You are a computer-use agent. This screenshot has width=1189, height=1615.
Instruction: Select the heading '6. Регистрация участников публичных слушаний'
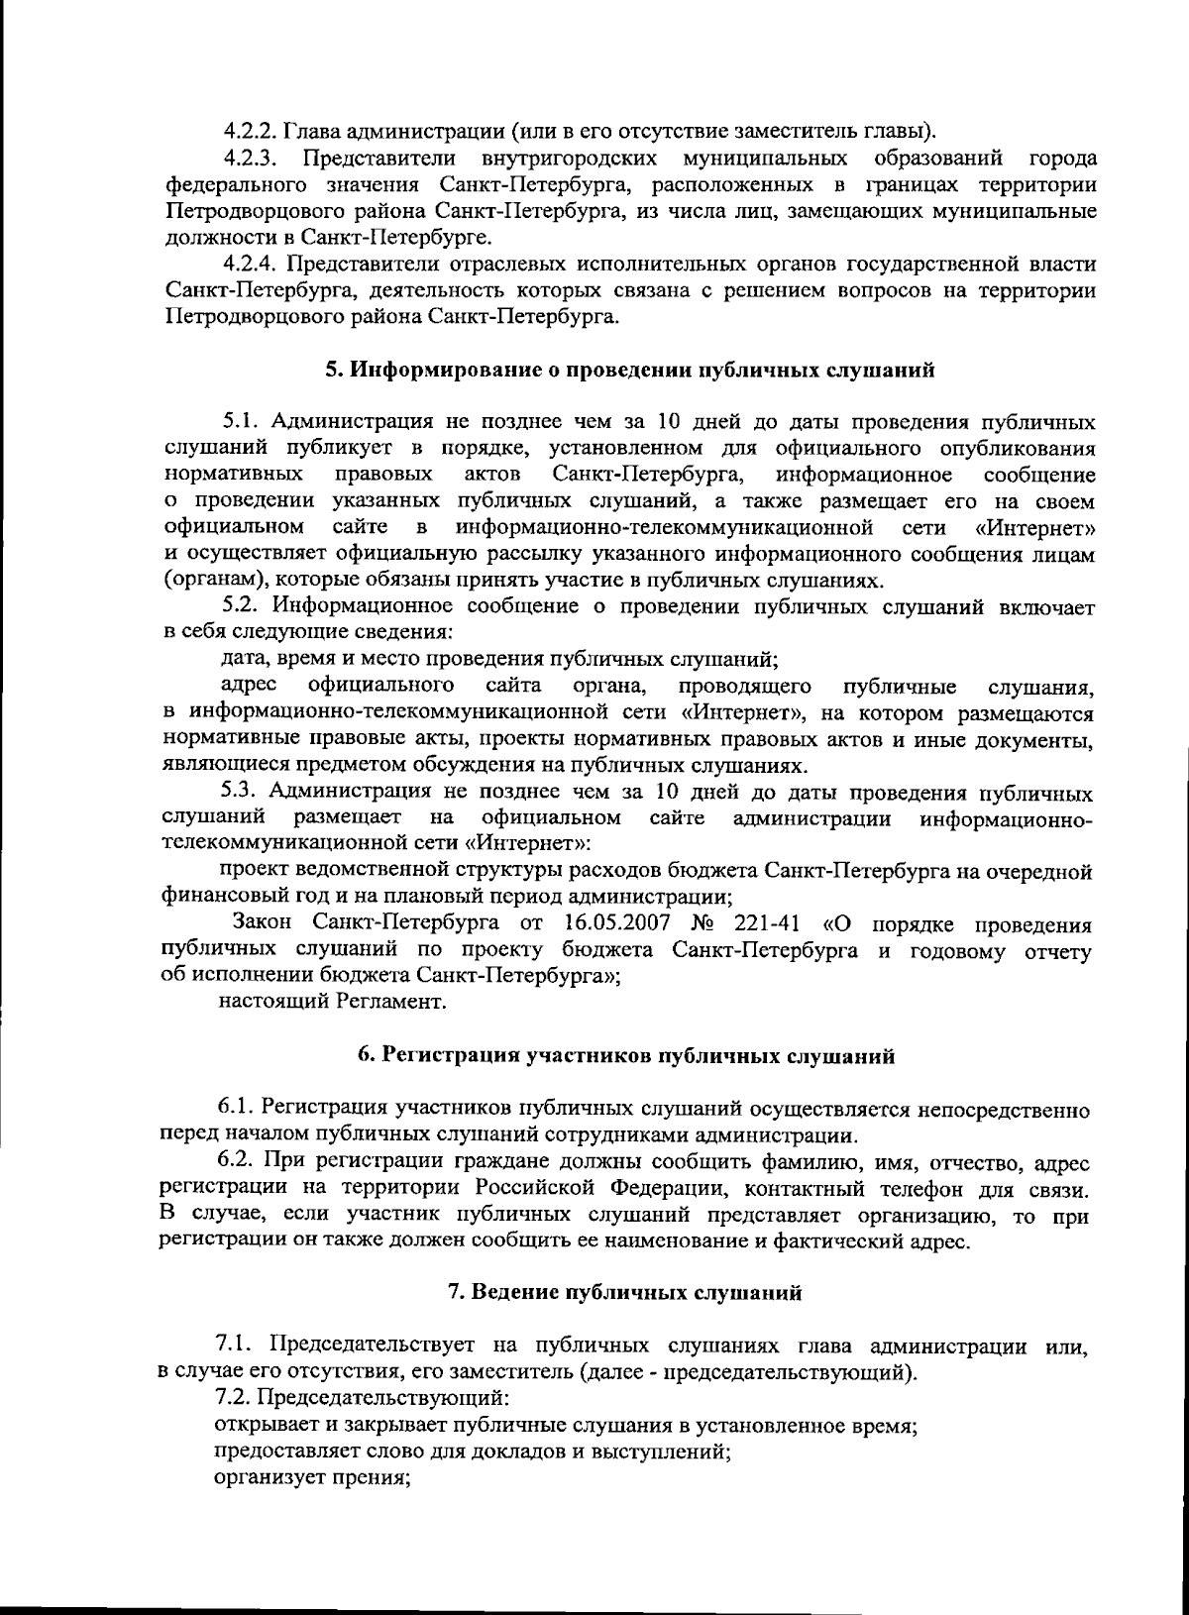pos(626,1056)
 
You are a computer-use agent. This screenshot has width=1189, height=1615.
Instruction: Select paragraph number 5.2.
pos(241,605)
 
